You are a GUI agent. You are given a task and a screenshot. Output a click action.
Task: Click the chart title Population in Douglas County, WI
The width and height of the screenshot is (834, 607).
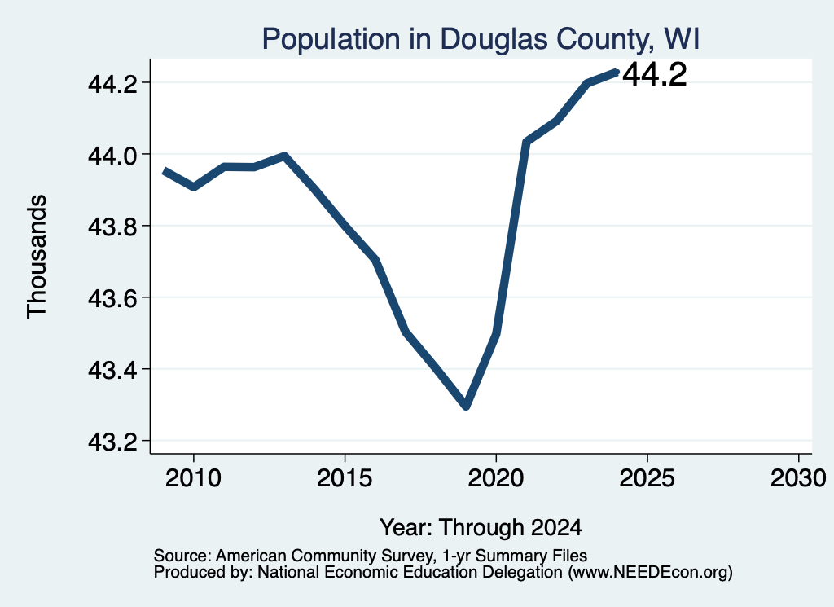click(x=481, y=39)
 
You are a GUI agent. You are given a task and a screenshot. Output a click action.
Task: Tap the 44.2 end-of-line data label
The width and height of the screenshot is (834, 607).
click(x=654, y=74)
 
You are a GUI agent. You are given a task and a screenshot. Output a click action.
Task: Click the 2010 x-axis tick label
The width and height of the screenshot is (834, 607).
click(x=193, y=478)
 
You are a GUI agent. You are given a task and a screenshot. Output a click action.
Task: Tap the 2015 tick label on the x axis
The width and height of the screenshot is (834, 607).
click(x=345, y=478)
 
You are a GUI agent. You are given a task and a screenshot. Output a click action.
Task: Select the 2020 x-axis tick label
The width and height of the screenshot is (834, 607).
click(x=496, y=478)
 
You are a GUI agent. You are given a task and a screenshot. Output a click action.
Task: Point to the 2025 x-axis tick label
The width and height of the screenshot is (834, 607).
click(x=647, y=478)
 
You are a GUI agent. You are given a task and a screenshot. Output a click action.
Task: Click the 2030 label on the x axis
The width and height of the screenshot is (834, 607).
click(x=798, y=478)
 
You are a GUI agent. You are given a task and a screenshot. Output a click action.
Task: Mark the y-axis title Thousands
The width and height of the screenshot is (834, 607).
click(x=37, y=257)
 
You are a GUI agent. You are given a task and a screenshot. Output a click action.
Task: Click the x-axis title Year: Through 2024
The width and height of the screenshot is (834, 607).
click(x=481, y=527)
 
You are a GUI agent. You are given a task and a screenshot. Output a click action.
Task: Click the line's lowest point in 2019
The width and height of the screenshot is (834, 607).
click(x=466, y=406)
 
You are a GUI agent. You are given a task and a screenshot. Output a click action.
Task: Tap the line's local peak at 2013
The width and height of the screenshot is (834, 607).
click(x=284, y=156)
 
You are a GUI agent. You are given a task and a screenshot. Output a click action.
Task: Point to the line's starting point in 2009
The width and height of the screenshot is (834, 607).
click(x=165, y=171)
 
